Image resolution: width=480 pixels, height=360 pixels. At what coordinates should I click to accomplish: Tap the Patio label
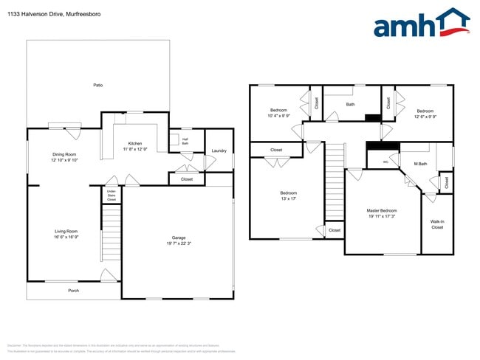[97, 86]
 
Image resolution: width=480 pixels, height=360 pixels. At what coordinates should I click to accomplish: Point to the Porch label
[73, 291]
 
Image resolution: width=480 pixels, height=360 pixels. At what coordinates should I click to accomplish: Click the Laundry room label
[219, 151]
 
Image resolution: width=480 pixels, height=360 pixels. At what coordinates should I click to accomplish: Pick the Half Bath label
[185, 142]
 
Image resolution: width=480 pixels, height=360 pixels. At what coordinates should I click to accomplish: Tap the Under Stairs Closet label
[111, 195]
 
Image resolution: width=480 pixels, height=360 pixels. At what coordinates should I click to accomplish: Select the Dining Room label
[64, 154]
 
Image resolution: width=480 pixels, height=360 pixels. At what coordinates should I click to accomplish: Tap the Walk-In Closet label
[437, 224]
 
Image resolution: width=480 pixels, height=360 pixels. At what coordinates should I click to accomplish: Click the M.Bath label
[420, 164]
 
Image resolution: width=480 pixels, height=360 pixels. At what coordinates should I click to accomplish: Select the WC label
[385, 162]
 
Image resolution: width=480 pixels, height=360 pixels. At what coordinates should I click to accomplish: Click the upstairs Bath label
[350, 105]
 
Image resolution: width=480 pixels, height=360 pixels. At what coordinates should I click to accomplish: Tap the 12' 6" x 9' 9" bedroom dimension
[425, 116]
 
